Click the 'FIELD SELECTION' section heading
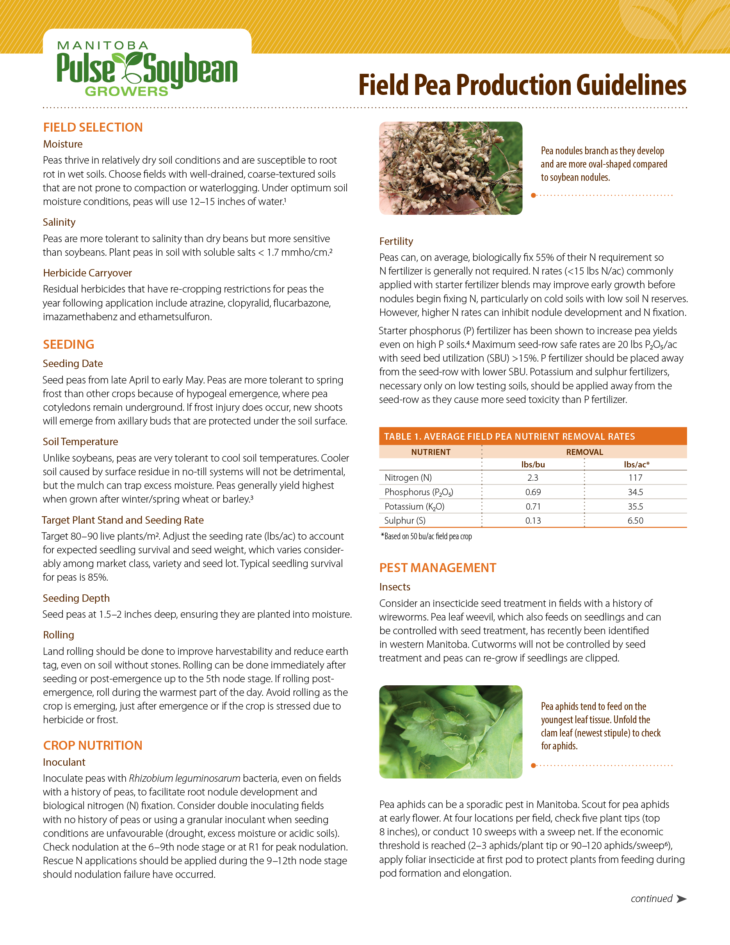point(93,127)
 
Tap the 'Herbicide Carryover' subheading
point(87,273)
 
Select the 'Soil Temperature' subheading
point(80,442)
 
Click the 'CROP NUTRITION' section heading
point(93,745)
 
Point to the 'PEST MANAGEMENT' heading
point(438,568)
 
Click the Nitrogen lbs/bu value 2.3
point(533,478)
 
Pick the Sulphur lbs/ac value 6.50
point(635,521)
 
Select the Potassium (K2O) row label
point(414,506)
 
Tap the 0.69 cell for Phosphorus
point(533,492)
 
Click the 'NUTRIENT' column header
point(431,452)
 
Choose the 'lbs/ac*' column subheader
point(636,465)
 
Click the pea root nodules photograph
point(450,168)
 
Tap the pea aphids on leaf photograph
point(450,732)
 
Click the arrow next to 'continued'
point(681,899)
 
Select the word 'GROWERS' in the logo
point(126,91)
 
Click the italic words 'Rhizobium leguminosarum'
point(185,778)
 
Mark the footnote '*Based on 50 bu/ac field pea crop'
point(426,537)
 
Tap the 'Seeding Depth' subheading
point(76,598)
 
